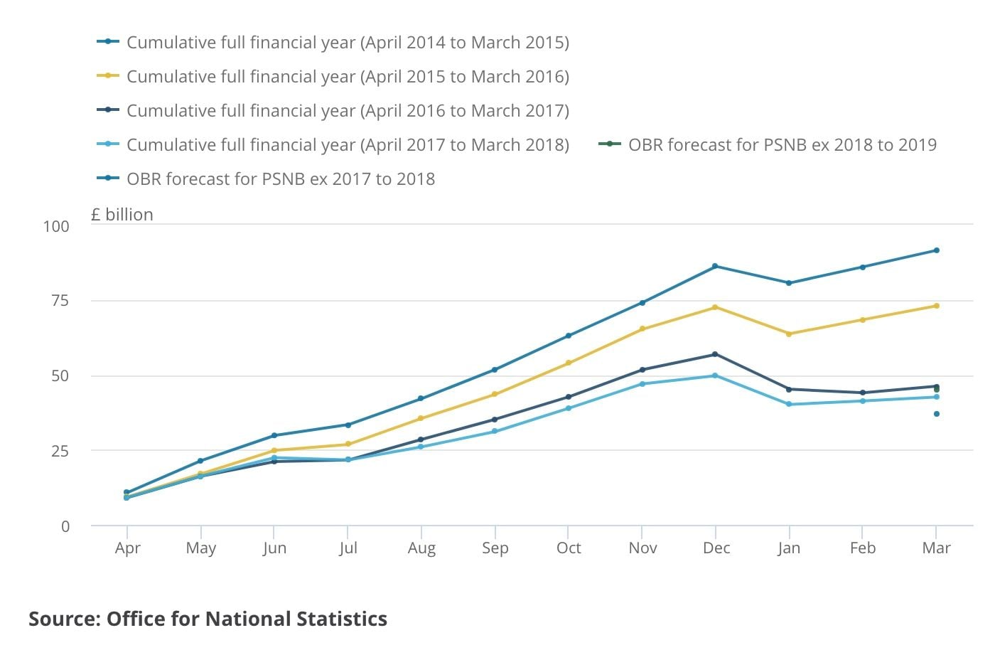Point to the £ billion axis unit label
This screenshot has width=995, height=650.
tap(122, 215)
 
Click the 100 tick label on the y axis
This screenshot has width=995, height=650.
tap(56, 226)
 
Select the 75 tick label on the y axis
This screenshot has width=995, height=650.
tap(60, 301)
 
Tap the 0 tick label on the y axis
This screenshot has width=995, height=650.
tap(65, 526)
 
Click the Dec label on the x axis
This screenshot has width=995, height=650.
tap(716, 548)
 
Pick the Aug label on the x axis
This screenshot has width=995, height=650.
tap(421, 548)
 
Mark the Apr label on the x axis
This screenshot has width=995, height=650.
tap(127, 548)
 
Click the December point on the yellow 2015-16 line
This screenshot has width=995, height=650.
tap(715, 307)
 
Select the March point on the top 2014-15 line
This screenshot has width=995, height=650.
tap(936, 250)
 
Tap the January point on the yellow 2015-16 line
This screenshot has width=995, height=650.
tap(789, 334)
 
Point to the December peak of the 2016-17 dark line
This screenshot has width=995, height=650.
tap(715, 354)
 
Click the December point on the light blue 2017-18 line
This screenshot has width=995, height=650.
tap(715, 375)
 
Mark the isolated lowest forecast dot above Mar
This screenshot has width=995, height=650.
tap(936, 414)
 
